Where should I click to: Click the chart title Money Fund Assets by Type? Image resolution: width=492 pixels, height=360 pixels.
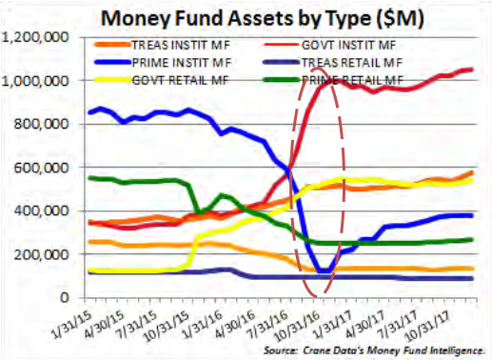coord(263,18)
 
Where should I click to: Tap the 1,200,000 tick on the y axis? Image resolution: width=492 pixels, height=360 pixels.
coord(35,38)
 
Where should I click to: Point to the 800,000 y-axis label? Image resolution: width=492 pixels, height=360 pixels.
coord(41,124)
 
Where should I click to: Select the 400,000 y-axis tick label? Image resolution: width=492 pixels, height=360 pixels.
coord(41,210)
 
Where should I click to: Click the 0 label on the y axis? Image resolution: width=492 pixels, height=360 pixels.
coord(65,297)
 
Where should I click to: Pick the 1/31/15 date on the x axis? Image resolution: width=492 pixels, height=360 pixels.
coord(70,322)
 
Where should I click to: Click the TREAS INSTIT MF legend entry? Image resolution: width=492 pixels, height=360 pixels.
coord(181,45)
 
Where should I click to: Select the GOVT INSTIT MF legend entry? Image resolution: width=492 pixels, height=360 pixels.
coord(348,45)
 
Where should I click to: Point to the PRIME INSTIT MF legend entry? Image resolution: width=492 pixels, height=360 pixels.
coord(182,63)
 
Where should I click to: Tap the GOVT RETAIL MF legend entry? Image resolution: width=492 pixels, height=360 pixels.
coord(180,80)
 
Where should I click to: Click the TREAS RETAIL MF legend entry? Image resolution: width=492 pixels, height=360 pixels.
coord(352,63)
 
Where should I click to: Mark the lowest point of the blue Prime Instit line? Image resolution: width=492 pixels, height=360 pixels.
coord(325,271)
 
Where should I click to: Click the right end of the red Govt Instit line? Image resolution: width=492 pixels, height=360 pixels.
coord(472,70)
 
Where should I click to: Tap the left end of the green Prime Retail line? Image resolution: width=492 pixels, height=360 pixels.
coord(89,178)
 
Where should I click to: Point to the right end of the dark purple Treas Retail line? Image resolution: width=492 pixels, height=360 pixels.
coord(472,278)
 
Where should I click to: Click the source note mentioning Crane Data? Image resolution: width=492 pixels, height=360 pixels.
coord(374,350)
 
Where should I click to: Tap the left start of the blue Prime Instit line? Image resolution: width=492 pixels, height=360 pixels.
coord(89,112)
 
